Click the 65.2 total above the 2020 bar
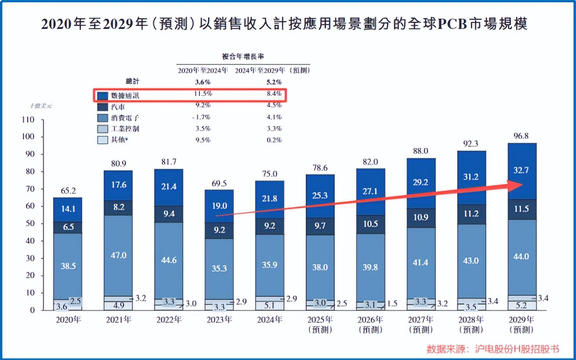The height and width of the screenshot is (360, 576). pyautogui.click(x=68, y=191)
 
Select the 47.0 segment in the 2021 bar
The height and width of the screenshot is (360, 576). pyautogui.click(x=119, y=256)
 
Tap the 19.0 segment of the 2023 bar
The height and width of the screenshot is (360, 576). pyautogui.click(x=219, y=206)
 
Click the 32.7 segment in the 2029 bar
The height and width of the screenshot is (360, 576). pyautogui.click(x=521, y=170)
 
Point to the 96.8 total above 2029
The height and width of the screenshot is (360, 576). pyautogui.click(x=521, y=136)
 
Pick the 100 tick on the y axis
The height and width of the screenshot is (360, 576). pyautogui.click(x=28, y=137)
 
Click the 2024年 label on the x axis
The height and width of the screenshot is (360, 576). pyautogui.click(x=269, y=320)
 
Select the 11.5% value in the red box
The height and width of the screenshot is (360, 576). pyautogui.click(x=203, y=94)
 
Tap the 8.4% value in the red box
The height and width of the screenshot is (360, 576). pyautogui.click(x=274, y=94)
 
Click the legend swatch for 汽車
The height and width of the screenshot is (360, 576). pyautogui.click(x=102, y=107)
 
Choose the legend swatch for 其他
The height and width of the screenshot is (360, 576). pyautogui.click(x=102, y=140)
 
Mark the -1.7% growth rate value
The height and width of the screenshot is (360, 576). pyautogui.click(x=201, y=117)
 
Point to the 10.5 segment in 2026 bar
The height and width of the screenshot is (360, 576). pyautogui.click(x=370, y=224)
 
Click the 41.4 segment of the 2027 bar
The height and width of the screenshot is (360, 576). pyautogui.click(x=421, y=262)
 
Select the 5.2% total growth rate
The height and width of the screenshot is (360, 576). pyautogui.click(x=274, y=82)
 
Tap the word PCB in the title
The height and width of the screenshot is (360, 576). pyautogui.click(x=452, y=24)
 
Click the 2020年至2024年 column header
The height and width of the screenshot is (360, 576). pyautogui.click(x=203, y=70)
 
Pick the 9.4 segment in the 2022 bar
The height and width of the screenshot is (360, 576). pyautogui.click(x=169, y=214)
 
